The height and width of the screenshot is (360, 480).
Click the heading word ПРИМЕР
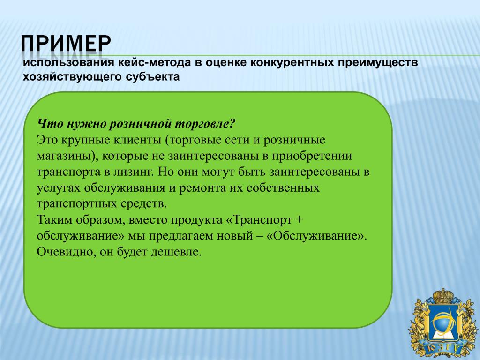66,43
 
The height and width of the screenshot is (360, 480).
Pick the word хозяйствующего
72,77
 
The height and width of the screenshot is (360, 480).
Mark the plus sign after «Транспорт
299,220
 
